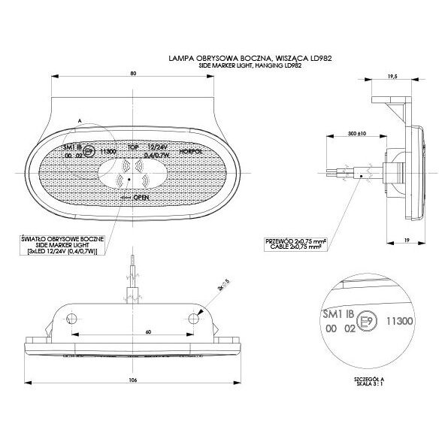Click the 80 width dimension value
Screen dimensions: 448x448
[x=132, y=74]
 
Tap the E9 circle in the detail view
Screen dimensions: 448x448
[x=365, y=321]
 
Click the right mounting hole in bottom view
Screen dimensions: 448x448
[x=194, y=319]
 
